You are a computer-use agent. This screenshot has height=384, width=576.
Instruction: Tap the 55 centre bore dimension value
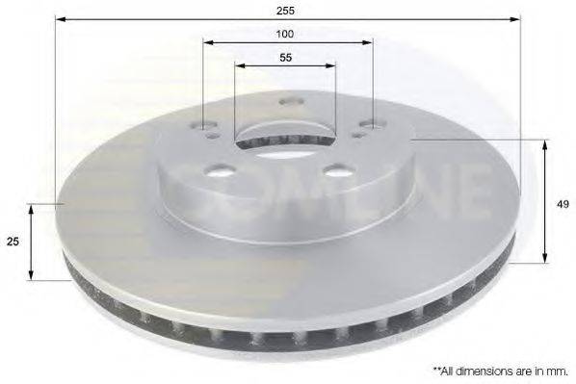(x=286, y=57)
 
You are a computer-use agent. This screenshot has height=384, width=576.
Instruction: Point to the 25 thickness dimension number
(x=13, y=243)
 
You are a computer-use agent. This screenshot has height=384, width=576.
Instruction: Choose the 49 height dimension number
(x=560, y=203)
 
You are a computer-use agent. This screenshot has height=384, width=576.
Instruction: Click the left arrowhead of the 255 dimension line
(x=58, y=16)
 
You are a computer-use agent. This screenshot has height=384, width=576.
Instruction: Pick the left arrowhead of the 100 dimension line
(x=206, y=42)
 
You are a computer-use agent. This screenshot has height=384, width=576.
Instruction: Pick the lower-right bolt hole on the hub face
(x=336, y=170)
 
